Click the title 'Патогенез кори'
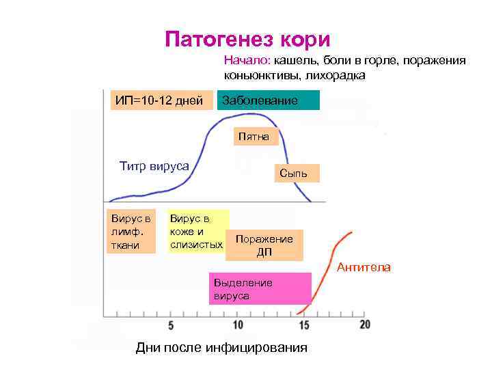[247, 38]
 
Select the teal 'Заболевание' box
[268, 100]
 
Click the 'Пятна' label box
[254, 137]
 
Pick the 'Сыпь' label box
[293, 174]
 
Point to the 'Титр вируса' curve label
[154, 166]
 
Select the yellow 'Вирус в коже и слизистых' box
[197, 232]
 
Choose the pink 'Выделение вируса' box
[260, 289]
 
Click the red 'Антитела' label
[364, 267]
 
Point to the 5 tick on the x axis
[170, 325]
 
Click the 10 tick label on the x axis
[238, 325]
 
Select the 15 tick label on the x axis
[303, 325]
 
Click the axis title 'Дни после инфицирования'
[221, 348]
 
